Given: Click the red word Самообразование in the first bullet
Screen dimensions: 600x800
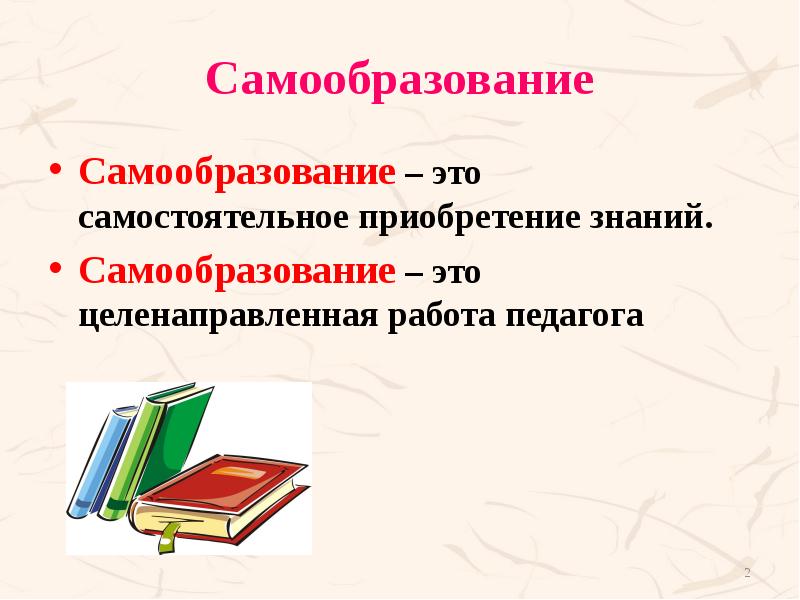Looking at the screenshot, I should click(x=237, y=172).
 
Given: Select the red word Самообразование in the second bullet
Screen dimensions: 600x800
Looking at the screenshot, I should click(x=237, y=270).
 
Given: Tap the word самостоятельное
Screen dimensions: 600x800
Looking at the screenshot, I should click(x=209, y=217).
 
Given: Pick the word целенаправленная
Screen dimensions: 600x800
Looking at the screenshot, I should click(x=226, y=316).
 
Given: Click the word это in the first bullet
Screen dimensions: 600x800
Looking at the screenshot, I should click(x=457, y=173).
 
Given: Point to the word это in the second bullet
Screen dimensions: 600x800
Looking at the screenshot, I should click(x=457, y=271).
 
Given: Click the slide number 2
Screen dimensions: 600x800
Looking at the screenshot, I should click(x=747, y=572).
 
